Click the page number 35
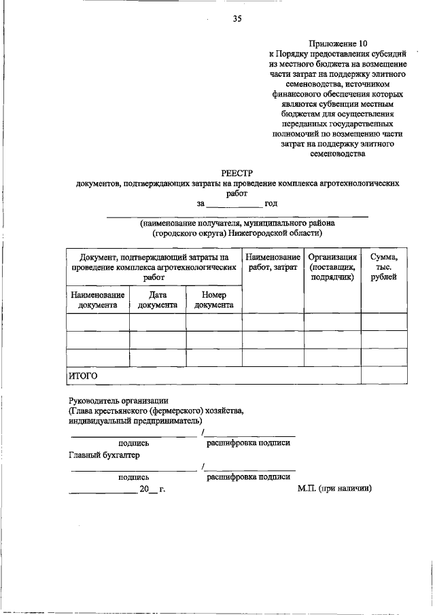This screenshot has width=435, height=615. pyautogui.click(x=237, y=18)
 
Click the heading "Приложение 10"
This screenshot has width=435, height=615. pyautogui.click(x=337, y=41)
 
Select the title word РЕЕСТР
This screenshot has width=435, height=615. pyautogui.click(x=237, y=173)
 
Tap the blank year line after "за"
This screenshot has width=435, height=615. pyautogui.click(x=233, y=203)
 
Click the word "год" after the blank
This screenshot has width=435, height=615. pyautogui.click(x=271, y=203)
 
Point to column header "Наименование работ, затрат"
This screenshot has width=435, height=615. pyautogui.click(x=273, y=263)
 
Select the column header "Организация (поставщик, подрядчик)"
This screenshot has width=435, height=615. pyautogui.click(x=332, y=267)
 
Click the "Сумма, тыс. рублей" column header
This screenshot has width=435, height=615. pyautogui.click(x=384, y=267)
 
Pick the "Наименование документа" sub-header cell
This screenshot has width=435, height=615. pyautogui.click(x=97, y=300)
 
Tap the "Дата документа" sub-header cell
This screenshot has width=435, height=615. pyautogui.click(x=157, y=300)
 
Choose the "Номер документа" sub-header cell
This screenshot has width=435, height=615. pyautogui.click(x=213, y=300)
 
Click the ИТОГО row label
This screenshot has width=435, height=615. pyautogui.click(x=82, y=375)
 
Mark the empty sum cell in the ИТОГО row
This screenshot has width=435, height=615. pyautogui.click(x=384, y=375)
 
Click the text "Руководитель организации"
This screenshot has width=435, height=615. pyautogui.click(x=118, y=401)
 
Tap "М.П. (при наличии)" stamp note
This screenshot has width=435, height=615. pyautogui.click(x=334, y=488)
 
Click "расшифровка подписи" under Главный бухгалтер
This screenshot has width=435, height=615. pyautogui.click(x=248, y=477)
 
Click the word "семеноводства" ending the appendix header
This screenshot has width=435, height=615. pyautogui.click(x=337, y=154)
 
